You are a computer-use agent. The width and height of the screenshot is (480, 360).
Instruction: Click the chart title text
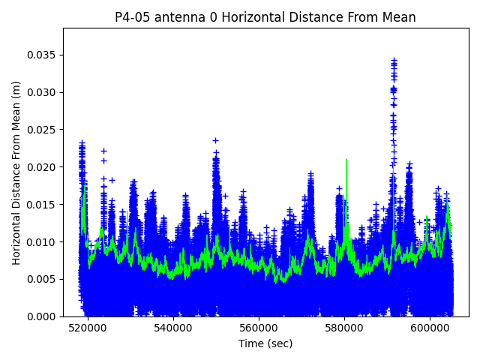pos(265,17)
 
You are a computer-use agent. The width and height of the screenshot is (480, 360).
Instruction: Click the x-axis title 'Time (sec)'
pos(265,343)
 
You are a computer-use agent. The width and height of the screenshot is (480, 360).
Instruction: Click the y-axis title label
pos(16,172)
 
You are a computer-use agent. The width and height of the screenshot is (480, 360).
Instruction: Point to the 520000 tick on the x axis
pos(88,328)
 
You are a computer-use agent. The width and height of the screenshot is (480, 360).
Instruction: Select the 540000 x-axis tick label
pos(173,328)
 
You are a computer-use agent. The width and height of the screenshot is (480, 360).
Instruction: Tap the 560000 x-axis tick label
pos(259,328)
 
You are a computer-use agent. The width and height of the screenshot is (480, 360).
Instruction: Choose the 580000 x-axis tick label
pos(345,328)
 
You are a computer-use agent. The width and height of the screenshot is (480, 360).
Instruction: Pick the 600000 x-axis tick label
pos(430,328)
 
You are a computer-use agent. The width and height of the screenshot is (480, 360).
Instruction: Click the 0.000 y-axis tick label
pos(42,316)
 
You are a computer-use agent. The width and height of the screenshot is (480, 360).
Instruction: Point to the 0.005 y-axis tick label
pos(42,279)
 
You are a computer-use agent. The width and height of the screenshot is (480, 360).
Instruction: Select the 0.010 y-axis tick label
pos(42,241)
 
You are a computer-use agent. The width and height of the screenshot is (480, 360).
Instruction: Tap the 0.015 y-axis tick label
pos(42,204)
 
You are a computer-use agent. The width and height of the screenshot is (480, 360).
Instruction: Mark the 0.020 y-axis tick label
pos(42,166)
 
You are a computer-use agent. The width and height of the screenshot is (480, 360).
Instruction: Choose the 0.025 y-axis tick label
pos(42,129)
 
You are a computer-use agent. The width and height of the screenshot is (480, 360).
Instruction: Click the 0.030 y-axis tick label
pos(42,92)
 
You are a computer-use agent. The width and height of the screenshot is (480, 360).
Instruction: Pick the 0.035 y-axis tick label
pos(42,55)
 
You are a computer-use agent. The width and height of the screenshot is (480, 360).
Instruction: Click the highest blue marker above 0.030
pos(394,59)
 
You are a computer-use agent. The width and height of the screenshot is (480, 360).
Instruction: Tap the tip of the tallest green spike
pos(346,159)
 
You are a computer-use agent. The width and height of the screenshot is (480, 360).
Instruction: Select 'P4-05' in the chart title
pos(131,17)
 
